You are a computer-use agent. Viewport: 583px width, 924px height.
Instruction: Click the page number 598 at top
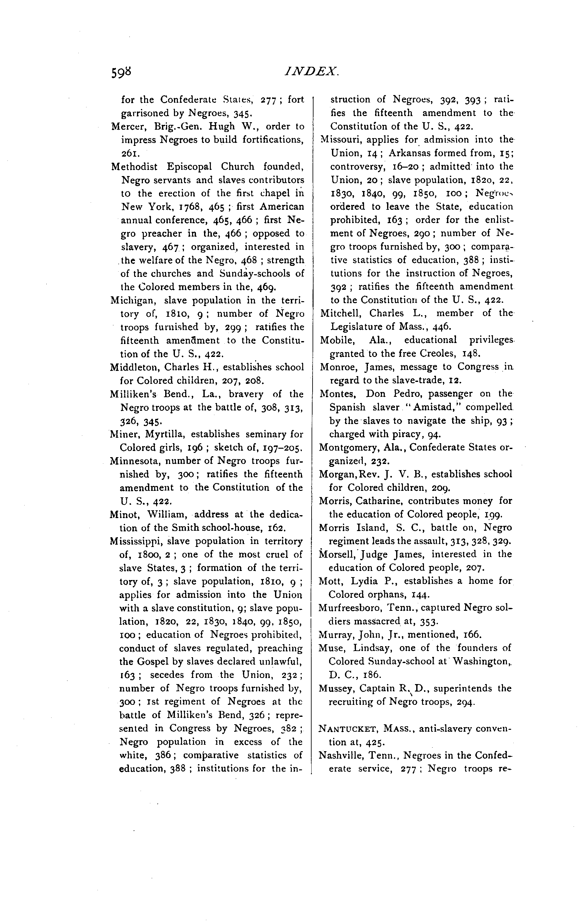pos(121,72)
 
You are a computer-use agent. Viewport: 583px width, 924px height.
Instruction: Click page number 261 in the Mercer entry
pos(127,153)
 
